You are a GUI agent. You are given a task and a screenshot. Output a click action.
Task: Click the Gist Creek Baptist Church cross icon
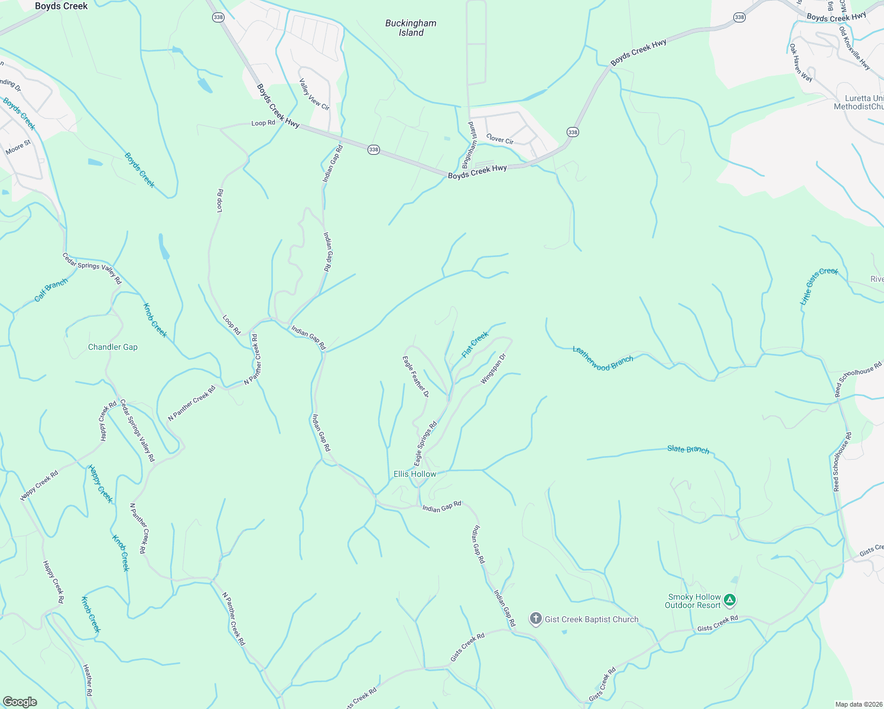[x=535, y=619]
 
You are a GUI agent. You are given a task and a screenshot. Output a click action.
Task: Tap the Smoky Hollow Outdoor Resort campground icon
[x=730, y=601]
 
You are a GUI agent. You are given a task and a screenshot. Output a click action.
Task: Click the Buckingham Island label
[x=411, y=28]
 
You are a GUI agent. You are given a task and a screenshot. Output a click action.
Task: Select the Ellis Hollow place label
[x=415, y=474]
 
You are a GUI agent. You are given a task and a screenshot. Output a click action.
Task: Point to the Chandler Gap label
[x=113, y=347]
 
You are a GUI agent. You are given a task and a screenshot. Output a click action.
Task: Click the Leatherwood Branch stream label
[x=603, y=359]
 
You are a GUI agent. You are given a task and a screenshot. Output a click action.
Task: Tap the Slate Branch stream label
[x=688, y=450]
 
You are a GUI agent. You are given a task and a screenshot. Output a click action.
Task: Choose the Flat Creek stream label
[x=475, y=344]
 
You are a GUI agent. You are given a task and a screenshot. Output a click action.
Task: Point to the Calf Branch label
[x=51, y=290]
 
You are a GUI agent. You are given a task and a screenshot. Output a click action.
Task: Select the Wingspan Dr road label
[x=493, y=369]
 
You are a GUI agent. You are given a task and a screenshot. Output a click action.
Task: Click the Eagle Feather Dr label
[x=415, y=376]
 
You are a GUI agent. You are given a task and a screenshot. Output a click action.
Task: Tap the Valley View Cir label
[x=314, y=95]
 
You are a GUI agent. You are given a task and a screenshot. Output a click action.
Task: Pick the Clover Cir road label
[x=500, y=139]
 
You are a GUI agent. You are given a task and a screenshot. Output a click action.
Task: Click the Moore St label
[x=18, y=147]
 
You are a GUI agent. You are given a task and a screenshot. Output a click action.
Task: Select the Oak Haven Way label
[x=801, y=63]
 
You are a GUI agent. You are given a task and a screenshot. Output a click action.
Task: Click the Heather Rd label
[x=87, y=680]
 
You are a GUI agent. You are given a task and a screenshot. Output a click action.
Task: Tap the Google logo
[x=19, y=702]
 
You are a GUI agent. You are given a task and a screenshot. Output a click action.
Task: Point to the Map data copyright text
[x=857, y=704]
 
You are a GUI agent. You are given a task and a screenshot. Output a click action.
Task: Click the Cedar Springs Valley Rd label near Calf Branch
[x=92, y=268]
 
